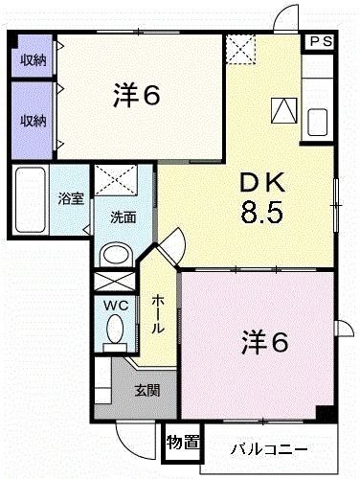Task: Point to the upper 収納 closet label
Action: pos(34,59)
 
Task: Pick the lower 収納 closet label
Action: pos(34,121)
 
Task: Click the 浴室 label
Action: pos(70,199)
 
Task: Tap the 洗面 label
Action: pos(123,217)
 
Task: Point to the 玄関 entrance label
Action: pos(146,390)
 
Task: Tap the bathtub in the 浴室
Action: pos(32,200)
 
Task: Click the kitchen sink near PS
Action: pos(318,124)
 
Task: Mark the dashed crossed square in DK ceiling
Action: pos(240,48)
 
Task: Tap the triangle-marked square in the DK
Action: pos(285,113)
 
